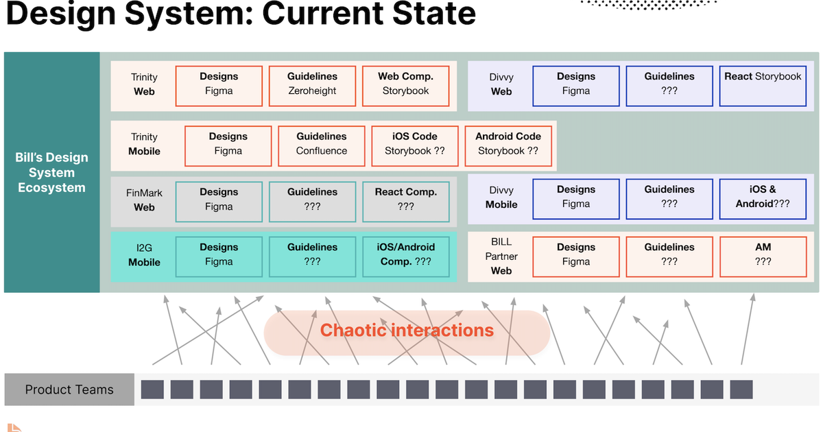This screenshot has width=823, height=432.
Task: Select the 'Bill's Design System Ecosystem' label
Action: click(x=51, y=172)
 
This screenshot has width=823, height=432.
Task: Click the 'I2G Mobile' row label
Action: click(x=144, y=255)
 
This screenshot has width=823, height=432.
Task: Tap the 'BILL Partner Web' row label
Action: click(x=501, y=256)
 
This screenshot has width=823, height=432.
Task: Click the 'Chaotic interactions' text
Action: click(x=407, y=331)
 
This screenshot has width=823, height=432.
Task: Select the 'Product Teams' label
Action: click(x=69, y=389)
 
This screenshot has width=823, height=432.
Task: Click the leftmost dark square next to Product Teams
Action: click(x=152, y=389)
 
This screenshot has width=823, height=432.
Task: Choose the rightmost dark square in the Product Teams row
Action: click(x=741, y=389)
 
